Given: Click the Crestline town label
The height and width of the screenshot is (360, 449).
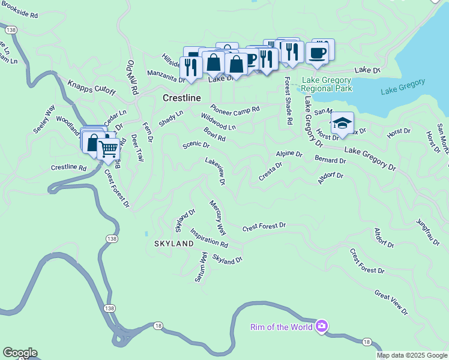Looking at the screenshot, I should click(181, 97).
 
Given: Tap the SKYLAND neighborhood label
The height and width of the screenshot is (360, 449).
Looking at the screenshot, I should click(173, 244).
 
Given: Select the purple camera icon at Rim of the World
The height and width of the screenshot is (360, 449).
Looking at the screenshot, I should click(322, 326).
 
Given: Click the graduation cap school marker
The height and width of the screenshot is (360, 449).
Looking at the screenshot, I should click(342, 124).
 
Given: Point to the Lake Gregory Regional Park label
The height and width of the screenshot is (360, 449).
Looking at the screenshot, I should click(328, 84).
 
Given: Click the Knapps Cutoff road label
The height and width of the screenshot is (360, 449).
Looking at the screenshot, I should click(91, 87).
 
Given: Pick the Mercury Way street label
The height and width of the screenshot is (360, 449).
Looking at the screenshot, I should click(217, 218).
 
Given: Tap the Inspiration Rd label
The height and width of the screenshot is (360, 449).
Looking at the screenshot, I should click(209, 238).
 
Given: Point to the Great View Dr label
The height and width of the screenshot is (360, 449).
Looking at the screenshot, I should click(391, 304).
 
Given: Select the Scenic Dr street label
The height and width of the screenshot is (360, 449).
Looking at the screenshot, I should click(196, 145).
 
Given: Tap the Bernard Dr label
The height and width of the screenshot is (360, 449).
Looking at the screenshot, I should click(330, 160).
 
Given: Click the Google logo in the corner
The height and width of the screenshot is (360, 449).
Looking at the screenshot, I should click(19, 353).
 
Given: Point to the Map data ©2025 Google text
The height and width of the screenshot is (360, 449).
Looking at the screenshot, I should click(411, 355).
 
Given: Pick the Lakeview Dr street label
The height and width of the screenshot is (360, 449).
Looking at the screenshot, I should click(215, 170).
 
